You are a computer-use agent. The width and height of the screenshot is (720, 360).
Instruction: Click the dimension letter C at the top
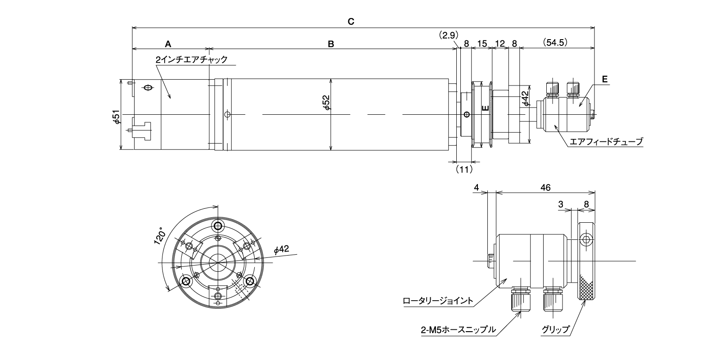pyautogui.click(x=351, y=22)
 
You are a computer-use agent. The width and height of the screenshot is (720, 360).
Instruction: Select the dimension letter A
pyautogui.click(x=168, y=44)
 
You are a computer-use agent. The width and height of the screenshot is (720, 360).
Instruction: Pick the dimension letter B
pyautogui.click(x=331, y=44)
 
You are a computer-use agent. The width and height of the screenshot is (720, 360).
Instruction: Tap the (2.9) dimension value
pyautogui.click(x=448, y=35)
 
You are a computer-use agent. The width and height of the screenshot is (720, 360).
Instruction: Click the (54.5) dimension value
pyautogui.click(x=555, y=42)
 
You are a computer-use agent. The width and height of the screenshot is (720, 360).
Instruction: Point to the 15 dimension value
pyautogui.click(x=482, y=44)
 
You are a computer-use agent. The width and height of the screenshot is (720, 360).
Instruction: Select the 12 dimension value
pyautogui.click(x=500, y=44)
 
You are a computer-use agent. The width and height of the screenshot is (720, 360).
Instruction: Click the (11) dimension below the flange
pyautogui.click(x=464, y=169)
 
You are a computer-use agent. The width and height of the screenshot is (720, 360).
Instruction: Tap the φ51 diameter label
pyautogui.click(x=117, y=117)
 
